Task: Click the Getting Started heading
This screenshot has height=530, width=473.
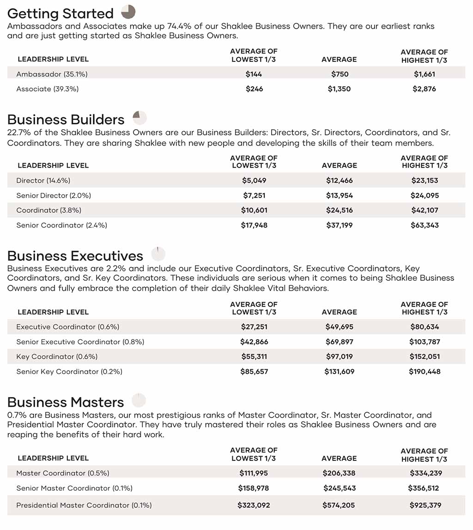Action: coord(60,13)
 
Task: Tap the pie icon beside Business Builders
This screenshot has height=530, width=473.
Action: coord(139,118)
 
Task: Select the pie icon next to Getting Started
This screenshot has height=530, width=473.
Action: coord(128,12)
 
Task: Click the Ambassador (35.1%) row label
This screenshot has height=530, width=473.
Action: coord(52,74)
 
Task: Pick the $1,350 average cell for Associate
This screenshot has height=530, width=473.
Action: coord(339,89)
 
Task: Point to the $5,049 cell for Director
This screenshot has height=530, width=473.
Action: coord(254,181)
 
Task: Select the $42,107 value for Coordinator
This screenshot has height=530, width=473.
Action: coord(424,211)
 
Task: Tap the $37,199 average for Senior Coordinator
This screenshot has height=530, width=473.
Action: coord(339,225)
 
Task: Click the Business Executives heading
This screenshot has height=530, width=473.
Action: coord(75,256)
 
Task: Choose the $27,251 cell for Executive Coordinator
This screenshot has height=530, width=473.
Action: coord(254,327)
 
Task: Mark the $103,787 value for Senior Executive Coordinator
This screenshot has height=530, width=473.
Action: coord(424,342)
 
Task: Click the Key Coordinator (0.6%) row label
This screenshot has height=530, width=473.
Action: coord(57,357)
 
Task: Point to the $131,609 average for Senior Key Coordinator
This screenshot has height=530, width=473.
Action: coord(339,372)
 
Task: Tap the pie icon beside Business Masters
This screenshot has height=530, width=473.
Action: coord(139,400)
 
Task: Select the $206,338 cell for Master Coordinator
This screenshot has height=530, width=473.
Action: coord(339,473)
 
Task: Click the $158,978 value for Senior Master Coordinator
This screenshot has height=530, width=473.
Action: coord(254,488)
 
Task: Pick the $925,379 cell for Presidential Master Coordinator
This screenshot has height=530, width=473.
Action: coord(424,506)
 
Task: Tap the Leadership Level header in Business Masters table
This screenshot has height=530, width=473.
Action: coord(53,458)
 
